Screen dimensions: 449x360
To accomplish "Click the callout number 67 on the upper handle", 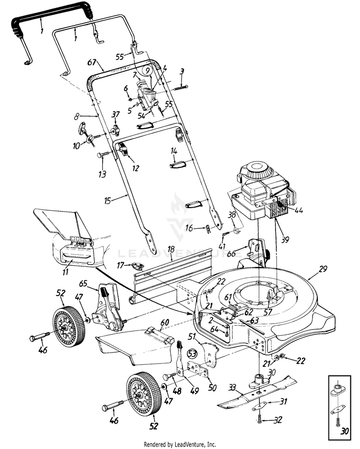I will point(93,62).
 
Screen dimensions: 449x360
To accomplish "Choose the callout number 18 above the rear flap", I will point(170,250).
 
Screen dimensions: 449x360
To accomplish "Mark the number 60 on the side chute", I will point(164,321).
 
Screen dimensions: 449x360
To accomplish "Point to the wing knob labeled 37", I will point(115,130).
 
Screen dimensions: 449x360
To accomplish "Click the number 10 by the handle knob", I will point(75,145).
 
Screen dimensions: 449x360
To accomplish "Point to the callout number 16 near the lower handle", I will point(190,228).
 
